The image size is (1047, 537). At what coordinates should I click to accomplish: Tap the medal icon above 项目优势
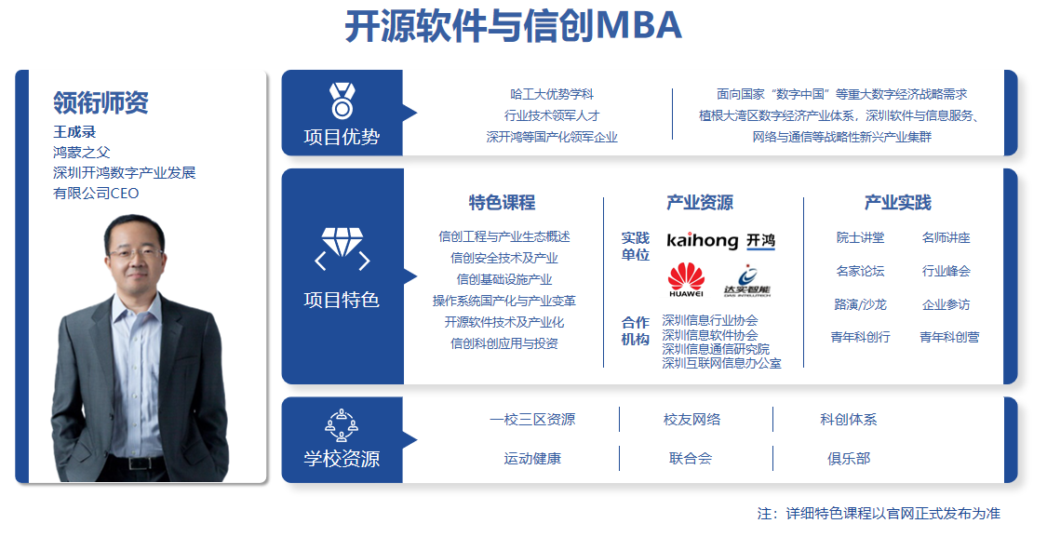point(342,101)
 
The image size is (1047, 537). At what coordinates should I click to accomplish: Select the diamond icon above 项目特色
point(342,248)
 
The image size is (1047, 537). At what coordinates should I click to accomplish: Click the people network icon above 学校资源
point(342,425)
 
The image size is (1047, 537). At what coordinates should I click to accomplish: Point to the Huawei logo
point(686,280)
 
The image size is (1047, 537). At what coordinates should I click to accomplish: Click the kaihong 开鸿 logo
point(721,240)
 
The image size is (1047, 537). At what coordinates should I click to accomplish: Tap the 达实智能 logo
point(747,281)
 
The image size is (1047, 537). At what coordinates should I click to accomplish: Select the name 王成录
point(74,131)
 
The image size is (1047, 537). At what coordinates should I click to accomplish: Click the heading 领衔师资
point(101,102)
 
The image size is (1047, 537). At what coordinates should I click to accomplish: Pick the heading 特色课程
point(503,202)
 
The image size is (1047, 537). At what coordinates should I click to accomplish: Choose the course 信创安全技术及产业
point(504,258)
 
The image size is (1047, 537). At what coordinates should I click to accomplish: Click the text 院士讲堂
point(860,237)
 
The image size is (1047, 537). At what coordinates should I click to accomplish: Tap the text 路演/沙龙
point(860,304)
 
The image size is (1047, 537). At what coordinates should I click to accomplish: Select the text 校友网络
point(691,420)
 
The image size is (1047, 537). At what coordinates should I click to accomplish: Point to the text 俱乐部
point(849,459)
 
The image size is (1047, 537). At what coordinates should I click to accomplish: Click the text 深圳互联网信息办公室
point(721,363)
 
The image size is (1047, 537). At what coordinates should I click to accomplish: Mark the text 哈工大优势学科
point(552,94)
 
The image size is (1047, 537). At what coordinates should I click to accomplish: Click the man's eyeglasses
point(136,253)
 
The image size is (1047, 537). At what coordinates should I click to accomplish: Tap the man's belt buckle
point(139,463)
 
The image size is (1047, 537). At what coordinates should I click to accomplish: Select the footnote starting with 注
point(879,514)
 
